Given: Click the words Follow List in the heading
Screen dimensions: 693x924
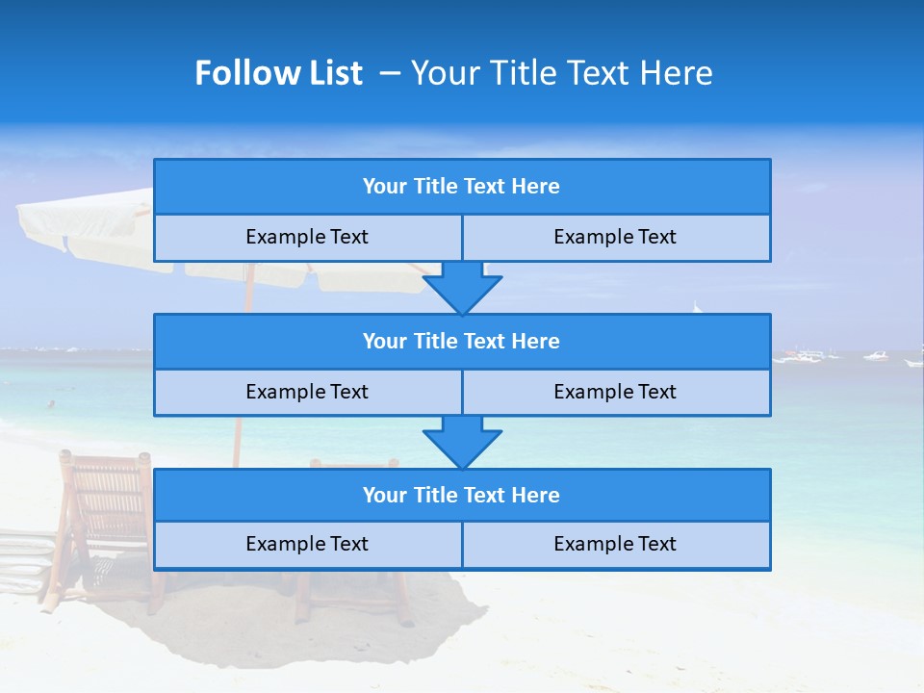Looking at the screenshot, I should [278, 73].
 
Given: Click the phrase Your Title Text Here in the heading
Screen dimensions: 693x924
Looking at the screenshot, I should [561, 73].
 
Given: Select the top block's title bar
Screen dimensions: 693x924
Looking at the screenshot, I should [462, 187].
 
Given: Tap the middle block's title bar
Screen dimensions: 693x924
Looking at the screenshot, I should [462, 342].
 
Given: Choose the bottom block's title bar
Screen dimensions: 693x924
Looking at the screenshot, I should [462, 496].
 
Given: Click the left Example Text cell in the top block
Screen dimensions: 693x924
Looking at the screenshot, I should [307, 238].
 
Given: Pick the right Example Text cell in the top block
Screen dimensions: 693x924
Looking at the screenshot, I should [616, 238].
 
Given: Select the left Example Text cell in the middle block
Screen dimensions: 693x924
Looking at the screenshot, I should [307, 393].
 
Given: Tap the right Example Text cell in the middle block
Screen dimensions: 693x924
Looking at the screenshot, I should [616, 393].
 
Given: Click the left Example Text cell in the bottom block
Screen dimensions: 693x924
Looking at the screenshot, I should [307, 545].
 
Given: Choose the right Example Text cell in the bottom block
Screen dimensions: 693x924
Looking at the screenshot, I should [616, 545].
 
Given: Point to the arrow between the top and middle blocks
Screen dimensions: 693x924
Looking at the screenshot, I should [462, 288].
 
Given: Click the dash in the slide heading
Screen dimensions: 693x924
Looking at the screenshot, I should [390, 73].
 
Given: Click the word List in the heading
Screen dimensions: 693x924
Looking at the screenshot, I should [333, 73].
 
